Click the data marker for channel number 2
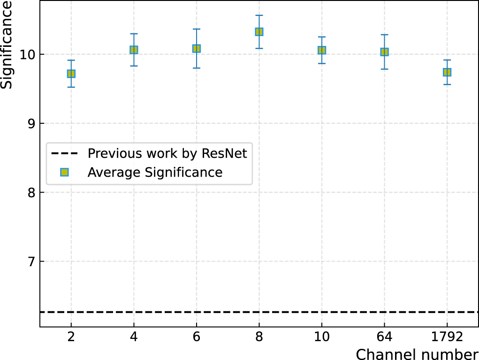pos(71,74)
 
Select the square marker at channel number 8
pos(259,32)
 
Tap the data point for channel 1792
pos(447,72)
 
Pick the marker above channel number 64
pos(384,52)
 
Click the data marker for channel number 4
pos(134,50)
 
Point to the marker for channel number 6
pos(197,48)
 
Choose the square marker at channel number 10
pos(322,50)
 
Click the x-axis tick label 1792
pos(447,337)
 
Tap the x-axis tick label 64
pos(384,337)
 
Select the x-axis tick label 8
pos(259,337)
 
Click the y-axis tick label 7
pos(31,262)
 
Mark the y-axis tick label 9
pos(31,123)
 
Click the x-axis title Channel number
pos(417,353)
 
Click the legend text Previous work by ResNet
pos(167,153)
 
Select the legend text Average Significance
pos(155,172)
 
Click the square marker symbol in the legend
pos(65,172)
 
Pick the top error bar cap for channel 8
pos(259,15)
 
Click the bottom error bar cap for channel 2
pos(71,87)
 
